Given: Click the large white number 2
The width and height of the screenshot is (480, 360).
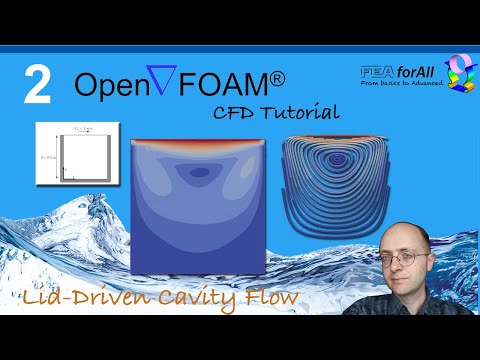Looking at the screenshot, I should tap(37, 86).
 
